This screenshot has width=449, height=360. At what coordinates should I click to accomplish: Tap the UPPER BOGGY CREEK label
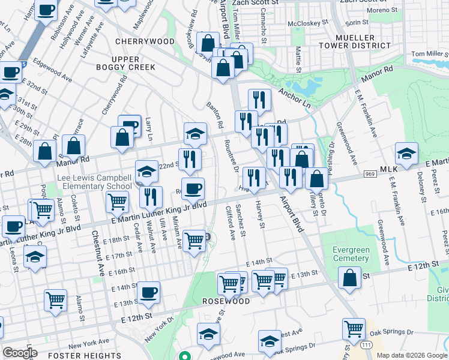click(x=125, y=62)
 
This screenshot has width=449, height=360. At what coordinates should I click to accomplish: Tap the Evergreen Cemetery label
click(x=346, y=254)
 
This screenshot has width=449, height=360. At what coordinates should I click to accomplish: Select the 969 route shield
click(x=370, y=174)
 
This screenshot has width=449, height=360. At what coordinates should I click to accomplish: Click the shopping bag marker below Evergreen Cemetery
click(x=349, y=277)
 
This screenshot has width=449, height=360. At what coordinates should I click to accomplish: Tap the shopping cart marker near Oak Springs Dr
click(x=354, y=328)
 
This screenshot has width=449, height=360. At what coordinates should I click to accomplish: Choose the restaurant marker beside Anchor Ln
click(x=259, y=100)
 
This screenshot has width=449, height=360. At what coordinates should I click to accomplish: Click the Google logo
click(x=20, y=353)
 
